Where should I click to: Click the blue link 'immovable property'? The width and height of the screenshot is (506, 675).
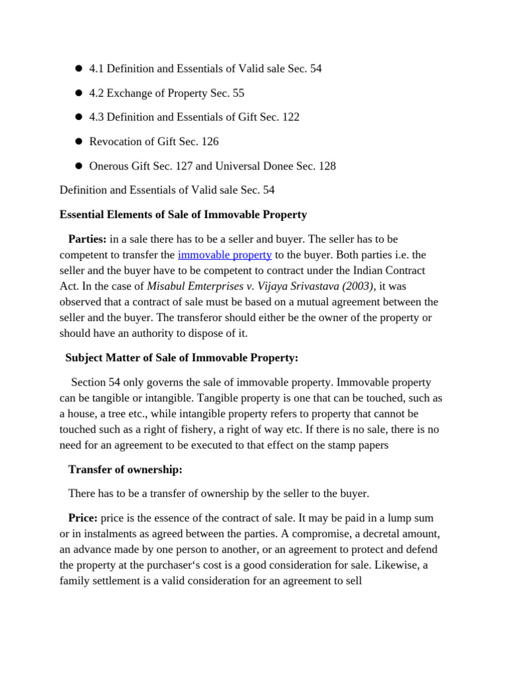point(225,254)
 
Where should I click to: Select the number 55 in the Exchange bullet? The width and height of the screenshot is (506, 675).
point(238,93)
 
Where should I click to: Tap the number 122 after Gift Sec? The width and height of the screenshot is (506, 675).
point(291,117)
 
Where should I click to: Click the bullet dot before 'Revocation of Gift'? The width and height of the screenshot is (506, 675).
point(78,142)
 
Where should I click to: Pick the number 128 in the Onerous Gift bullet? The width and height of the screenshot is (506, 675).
point(327,166)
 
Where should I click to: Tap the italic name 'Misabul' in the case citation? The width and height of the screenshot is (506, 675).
point(166,286)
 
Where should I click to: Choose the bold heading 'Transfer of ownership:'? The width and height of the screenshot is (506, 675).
point(125,469)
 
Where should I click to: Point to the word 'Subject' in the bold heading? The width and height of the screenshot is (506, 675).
point(85,358)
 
